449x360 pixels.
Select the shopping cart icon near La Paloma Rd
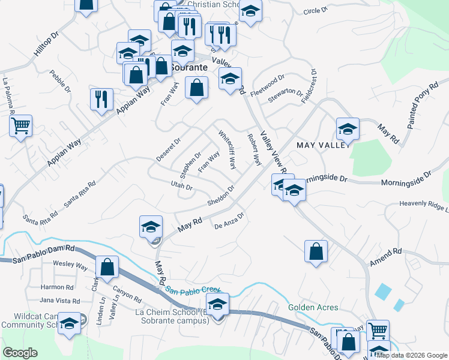pyautogui.click(x=20, y=127)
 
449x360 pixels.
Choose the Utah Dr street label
pyautogui.click(x=181, y=186)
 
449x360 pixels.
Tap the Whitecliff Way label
pyautogui.click(x=228, y=150)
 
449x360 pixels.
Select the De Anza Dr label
pyautogui.click(x=229, y=221)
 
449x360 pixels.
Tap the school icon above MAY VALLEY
pyautogui.click(x=347, y=128)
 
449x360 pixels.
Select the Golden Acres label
pyautogui.click(x=313, y=307)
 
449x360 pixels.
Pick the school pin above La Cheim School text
pyautogui.click(x=217, y=304)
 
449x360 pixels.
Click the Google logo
pyautogui.click(x=20, y=353)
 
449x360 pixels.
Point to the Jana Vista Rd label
pyautogui.click(x=60, y=300)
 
